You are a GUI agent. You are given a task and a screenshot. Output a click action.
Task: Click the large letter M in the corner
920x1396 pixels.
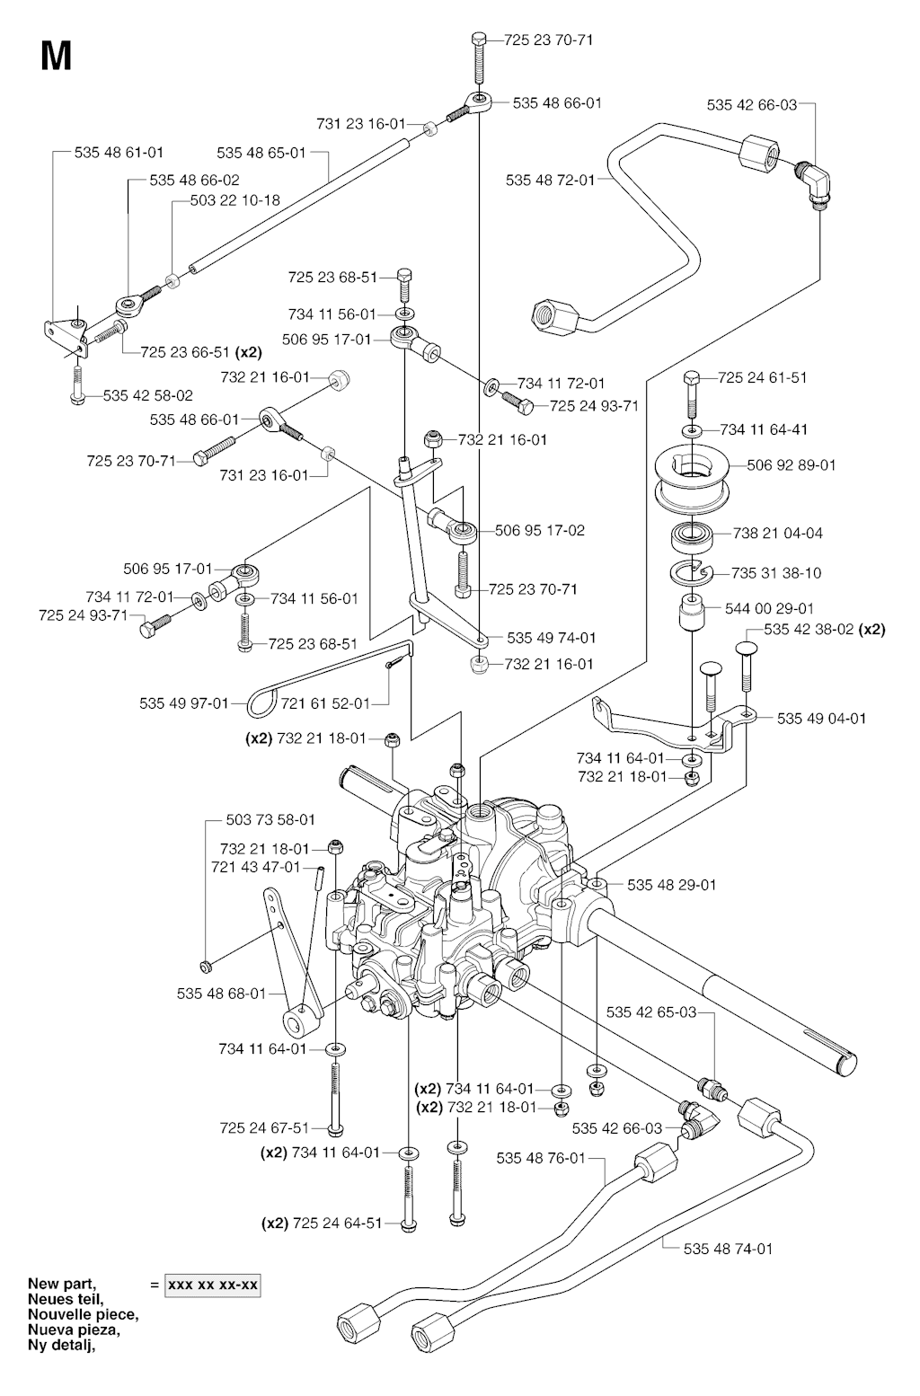coord(56,57)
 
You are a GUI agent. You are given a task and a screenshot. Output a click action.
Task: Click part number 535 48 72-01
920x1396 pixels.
coord(550,180)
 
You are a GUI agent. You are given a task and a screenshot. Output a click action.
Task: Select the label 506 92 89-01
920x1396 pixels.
coord(792,465)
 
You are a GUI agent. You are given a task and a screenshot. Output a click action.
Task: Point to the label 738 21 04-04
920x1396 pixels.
coord(778,533)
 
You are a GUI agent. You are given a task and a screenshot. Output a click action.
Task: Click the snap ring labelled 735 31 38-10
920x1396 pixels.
coord(693,572)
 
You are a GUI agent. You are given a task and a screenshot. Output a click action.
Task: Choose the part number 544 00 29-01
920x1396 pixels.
coord(769,608)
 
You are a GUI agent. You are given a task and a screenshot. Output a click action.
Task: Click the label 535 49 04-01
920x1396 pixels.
coord(822,718)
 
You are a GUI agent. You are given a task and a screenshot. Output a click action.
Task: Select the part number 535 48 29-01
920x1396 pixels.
coord(672,885)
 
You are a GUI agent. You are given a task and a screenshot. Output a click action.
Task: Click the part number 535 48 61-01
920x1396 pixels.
coord(119,153)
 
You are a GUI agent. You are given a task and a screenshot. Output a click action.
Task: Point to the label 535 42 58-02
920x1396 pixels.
coord(147,394)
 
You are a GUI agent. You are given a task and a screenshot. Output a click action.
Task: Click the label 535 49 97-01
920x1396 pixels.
coord(184,702)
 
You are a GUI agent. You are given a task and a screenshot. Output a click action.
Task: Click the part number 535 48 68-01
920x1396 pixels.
coord(222,993)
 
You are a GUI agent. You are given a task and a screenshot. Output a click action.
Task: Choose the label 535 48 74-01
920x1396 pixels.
coord(728,1248)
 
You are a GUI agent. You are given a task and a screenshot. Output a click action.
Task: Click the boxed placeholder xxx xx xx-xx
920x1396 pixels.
coord(212,1286)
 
